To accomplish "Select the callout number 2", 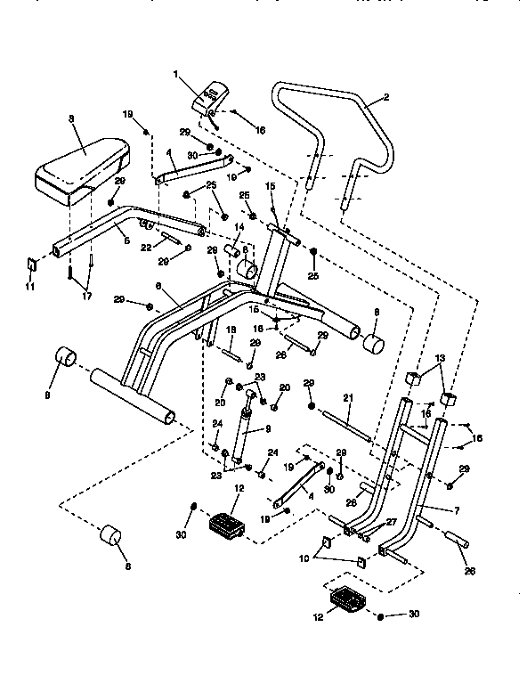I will (x=385, y=99).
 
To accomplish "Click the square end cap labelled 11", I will (x=29, y=264).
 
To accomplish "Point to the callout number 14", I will (x=239, y=227).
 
